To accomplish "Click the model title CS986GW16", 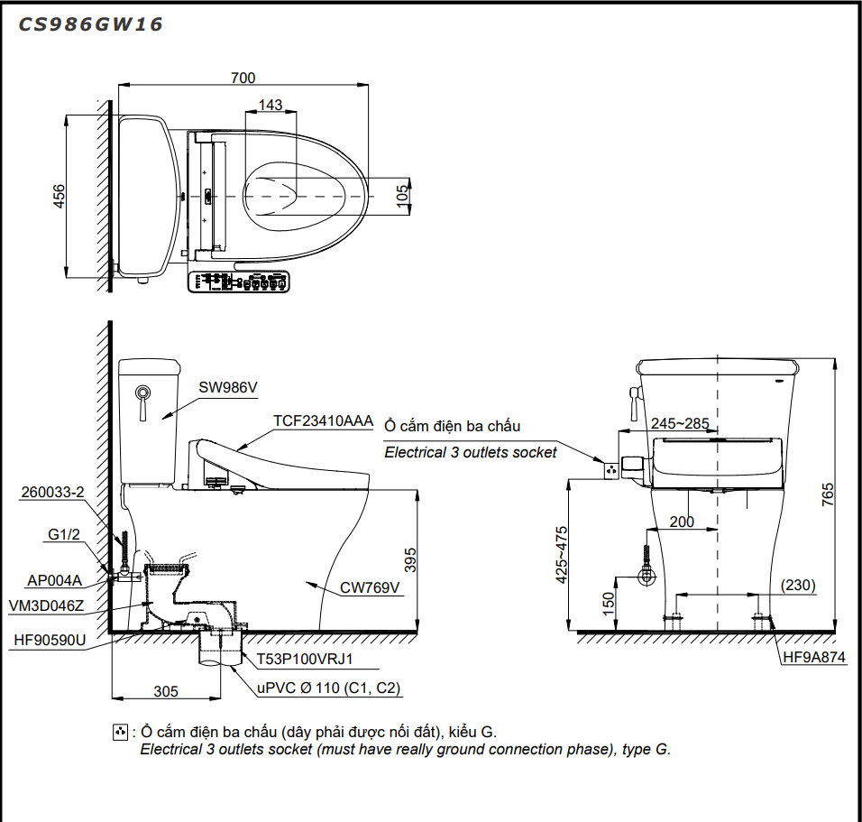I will click(90, 25).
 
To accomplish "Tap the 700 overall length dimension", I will click(243, 79).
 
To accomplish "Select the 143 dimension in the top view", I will click(271, 106).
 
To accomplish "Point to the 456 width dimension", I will click(59, 196).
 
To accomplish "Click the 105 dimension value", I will click(403, 195).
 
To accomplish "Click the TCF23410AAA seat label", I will click(322, 420).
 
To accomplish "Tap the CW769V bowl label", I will click(369, 587).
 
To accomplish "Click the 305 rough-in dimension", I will click(165, 692).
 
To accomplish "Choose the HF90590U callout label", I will click(50, 641).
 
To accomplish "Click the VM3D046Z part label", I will click(46, 605).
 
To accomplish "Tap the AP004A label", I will click(54, 581).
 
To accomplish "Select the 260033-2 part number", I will click(53, 492).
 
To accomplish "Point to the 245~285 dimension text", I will click(680, 422).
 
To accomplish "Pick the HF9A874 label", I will click(814, 658).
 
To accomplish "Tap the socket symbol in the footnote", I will click(119, 732).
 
